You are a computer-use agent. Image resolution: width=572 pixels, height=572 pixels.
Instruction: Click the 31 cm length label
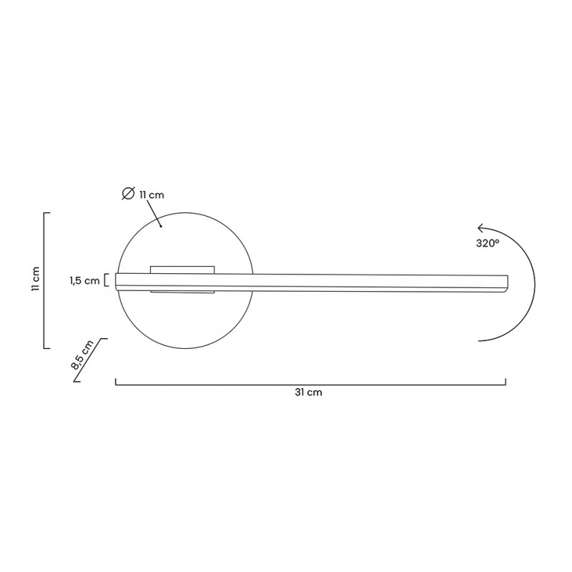pyautogui.click(x=308, y=393)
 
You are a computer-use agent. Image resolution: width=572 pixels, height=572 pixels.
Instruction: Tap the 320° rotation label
pyautogui.click(x=488, y=243)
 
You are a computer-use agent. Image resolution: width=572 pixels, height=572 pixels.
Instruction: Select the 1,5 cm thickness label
pyautogui.click(x=84, y=280)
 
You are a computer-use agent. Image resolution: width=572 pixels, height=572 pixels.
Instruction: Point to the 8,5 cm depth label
pyautogui.click(x=82, y=355)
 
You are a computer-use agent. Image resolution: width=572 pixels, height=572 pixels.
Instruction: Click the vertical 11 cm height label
pyautogui.click(x=35, y=279)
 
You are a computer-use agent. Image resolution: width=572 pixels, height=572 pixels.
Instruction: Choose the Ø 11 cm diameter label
pyautogui.click(x=143, y=194)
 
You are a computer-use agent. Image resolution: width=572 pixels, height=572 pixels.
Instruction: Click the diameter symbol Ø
pyautogui.click(x=128, y=193)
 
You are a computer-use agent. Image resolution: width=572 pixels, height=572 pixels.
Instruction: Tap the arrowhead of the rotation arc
pyautogui.click(x=480, y=228)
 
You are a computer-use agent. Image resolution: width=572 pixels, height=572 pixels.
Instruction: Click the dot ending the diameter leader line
pyautogui.click(x=161, y=226)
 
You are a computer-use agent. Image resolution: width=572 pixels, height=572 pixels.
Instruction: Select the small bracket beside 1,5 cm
pyautogui.click(x=106, y=280)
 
